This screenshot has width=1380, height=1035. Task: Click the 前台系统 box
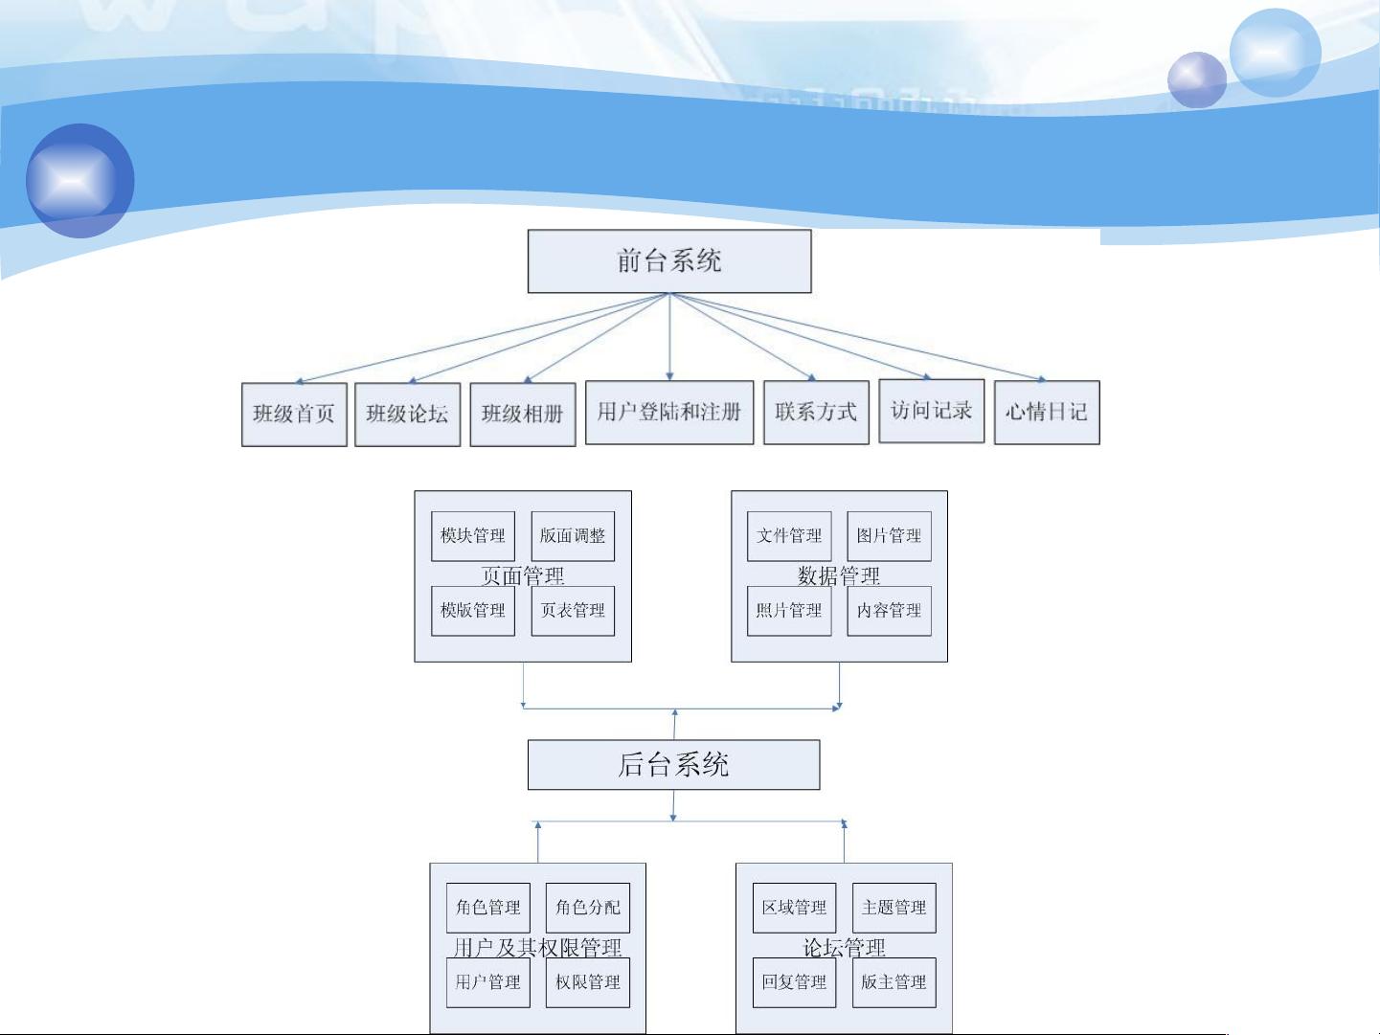(x=669, y=260)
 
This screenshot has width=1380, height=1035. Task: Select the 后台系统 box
(x=673, y=764)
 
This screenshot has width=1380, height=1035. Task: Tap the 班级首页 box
(x=294, y=414)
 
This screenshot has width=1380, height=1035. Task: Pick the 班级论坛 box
(x=407, y=414)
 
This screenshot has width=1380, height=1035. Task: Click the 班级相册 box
(x=523, y=414)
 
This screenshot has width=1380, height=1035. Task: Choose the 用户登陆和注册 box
(x=669, y=412)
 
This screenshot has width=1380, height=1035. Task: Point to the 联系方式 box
(x=816, y=412)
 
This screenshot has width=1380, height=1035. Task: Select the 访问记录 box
(x=932, y=411)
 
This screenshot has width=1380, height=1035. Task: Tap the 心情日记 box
(x=1047, y=412)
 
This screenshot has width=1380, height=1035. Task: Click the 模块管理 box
(x=473, y=535)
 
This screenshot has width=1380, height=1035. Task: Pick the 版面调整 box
(x=573, y=535)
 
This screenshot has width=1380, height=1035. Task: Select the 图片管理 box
(x=889, y=535)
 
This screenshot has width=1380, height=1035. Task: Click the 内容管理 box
(x=889, y=610)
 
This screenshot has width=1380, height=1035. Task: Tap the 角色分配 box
(x=588, y=907)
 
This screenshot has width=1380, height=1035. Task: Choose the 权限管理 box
(x=588, y=982)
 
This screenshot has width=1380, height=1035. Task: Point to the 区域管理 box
(x=794, y=907)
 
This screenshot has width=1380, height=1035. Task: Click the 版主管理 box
(x=894, y=982)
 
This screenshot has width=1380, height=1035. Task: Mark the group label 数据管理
(x=839, y=574)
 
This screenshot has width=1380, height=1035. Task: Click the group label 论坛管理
(x=844, y=947)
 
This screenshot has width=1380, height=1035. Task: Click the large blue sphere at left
(x=79, y=180)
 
